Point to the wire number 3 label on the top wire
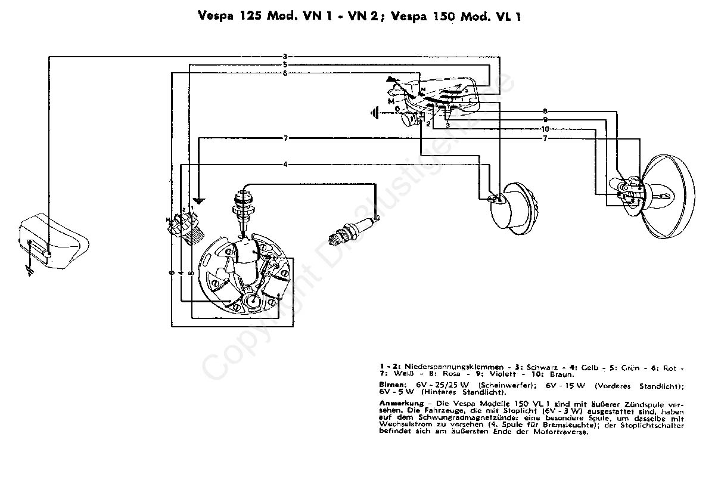[285, 57]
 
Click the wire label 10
[545, 129]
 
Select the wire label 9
[545, 120]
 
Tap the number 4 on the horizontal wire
[285, 164]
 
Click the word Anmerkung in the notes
[396, 404]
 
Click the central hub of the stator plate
[251, 301]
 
